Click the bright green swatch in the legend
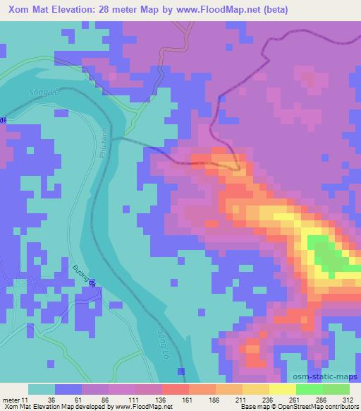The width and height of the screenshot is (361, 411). click(x=309, y=389)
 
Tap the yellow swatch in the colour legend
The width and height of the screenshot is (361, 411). click(x=282, y=389)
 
